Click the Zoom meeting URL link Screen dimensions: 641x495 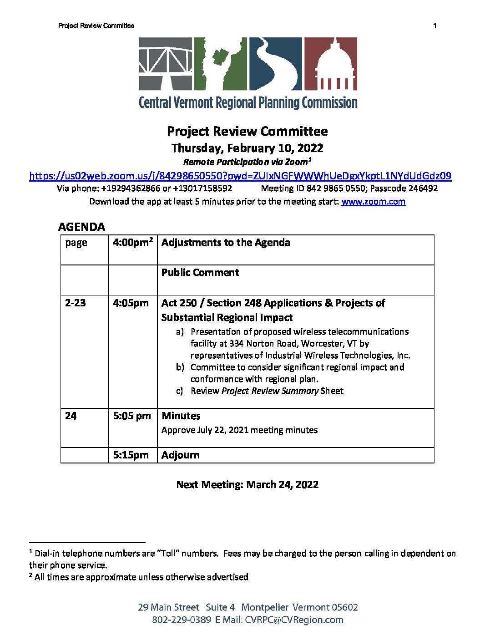[x=240, y=176]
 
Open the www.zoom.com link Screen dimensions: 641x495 [x=373, y=202]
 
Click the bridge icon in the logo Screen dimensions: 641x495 [x=166, y=64]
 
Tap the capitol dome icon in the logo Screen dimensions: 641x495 [x=330, y=64]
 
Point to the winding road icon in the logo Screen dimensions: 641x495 [x=275, y=64]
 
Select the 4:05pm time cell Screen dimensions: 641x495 [x=131, y=303]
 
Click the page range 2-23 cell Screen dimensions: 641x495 [x=76, y=303]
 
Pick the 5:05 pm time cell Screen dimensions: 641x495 [x=132, y=416]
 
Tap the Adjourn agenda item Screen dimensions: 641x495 [x=181, y=455]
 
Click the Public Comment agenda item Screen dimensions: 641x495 [x=200, y=273]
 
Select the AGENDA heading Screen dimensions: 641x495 [x=82, y=227]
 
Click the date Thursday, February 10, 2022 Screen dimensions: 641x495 [x=247, y=148]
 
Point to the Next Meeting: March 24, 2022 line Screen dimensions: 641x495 [x=247, y=485]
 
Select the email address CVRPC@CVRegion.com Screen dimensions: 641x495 [x=294, y=620]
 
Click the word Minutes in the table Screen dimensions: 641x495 [x=181, y=416]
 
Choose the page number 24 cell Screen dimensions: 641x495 [x=71, y=416]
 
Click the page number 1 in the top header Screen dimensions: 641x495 [x=435, y=25]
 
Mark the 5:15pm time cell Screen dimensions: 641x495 [x=131, y=455]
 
